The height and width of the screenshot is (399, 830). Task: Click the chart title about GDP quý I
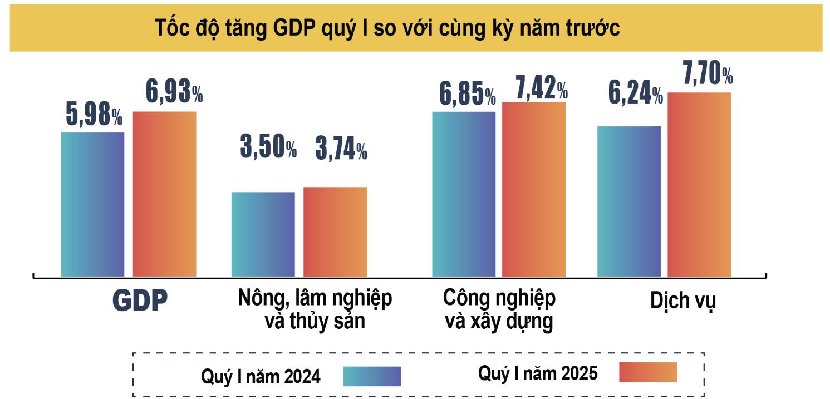(387, 29)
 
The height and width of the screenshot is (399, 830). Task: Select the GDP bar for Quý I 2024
(92, 204)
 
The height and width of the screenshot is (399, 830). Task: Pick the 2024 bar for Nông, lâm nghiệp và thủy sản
(263, 234)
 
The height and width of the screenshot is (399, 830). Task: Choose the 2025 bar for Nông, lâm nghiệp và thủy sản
(335, 231)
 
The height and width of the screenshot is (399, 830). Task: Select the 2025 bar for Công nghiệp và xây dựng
(534, 189)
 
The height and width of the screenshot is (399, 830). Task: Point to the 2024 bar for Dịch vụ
(629, 201)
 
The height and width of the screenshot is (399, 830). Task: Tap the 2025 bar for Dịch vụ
(699, 184)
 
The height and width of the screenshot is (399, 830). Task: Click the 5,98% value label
(94, 115)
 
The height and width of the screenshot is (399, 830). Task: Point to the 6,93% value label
(174, 92)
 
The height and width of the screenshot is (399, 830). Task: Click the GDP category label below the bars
(140, 301)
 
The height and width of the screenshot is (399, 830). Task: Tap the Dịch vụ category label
(682, 301)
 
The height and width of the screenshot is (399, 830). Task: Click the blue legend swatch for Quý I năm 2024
(372, 376)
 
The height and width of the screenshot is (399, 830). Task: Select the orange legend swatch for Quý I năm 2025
(648, 372)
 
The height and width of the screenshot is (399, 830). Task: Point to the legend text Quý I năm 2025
(538, 373)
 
